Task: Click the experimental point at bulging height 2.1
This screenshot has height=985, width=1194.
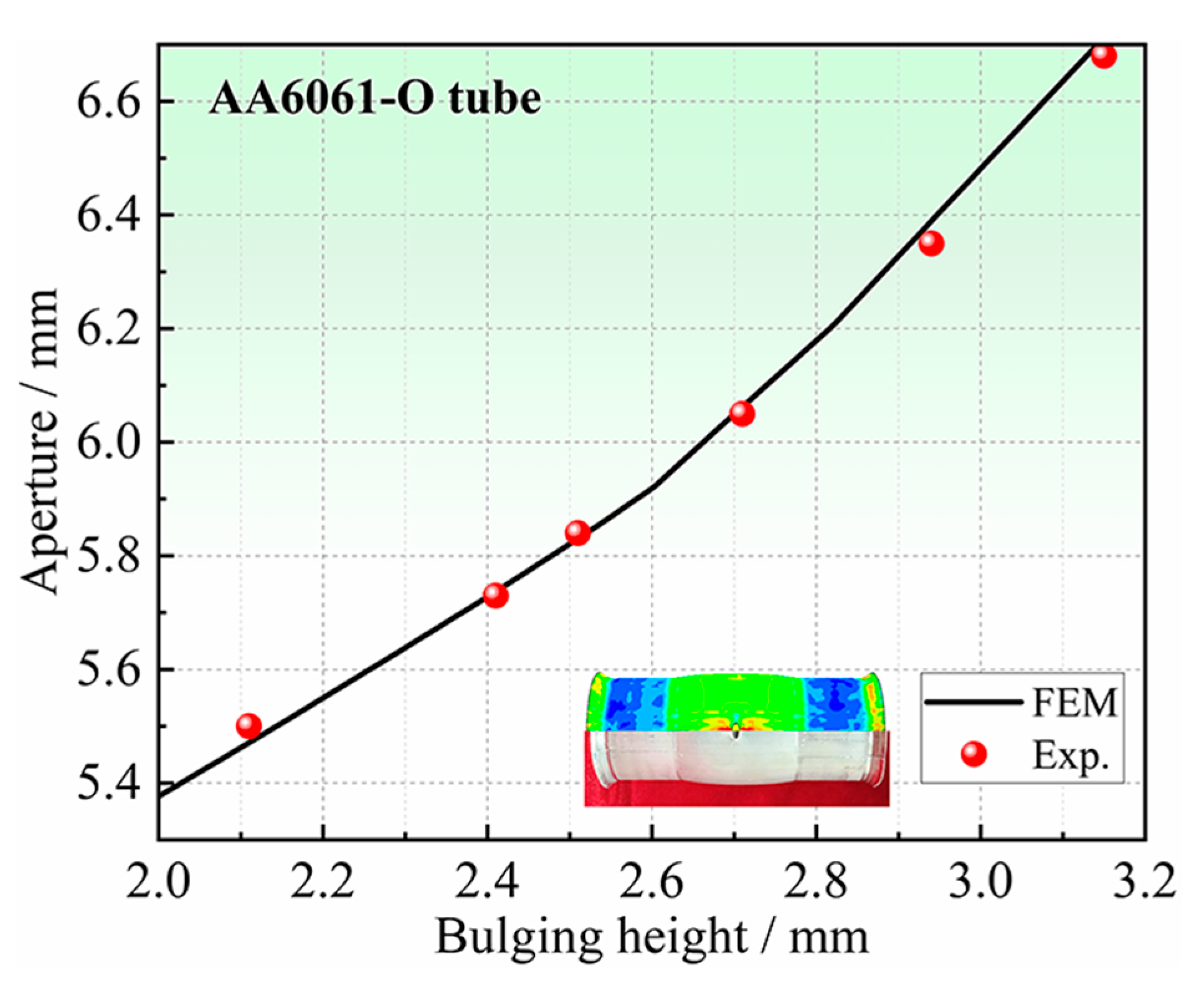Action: point(249,725)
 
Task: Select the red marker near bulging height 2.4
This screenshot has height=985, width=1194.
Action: point(495,595)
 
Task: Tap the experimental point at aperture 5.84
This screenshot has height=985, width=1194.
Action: point(577,533)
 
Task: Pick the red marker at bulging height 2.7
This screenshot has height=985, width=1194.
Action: point(741,413)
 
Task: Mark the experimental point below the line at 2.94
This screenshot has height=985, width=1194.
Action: point(931,243)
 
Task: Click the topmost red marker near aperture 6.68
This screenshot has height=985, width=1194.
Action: point(1103,56)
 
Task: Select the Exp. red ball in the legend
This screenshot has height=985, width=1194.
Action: point(974,754)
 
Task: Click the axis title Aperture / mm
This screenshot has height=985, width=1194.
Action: point(40,441)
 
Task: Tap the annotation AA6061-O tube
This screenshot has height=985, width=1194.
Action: point(374,100)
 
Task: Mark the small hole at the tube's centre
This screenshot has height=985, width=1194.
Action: point(736,733)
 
